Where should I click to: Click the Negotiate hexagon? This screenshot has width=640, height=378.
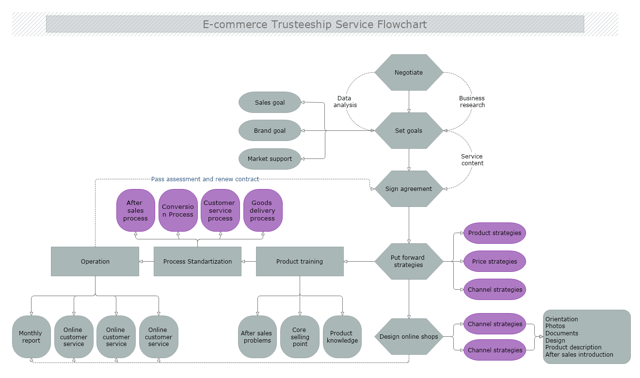click(409, 73)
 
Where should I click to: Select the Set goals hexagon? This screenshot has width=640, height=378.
click(409, 131)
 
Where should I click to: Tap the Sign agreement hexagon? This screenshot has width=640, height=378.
click(409, 189)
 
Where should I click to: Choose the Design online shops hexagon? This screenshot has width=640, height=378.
click(409, 337)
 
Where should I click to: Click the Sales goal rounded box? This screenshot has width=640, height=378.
click(270, 103)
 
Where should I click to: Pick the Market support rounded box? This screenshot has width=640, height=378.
click(270, 159)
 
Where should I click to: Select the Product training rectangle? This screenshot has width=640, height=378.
click(300, 262)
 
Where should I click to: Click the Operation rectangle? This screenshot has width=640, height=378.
click(95, 262)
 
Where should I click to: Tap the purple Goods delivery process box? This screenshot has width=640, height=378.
click(263, 211)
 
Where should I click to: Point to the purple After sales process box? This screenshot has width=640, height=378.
click(135, 211)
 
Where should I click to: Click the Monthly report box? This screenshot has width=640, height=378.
click(31, 337)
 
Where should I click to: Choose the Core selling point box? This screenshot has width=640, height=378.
click(300, 337)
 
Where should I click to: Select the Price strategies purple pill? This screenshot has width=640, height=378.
click(495, 262)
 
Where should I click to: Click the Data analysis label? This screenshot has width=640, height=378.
click(345, 102)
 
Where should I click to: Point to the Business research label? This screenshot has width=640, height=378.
click(472, 102)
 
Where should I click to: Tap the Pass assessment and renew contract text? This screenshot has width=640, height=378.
click(205, 179)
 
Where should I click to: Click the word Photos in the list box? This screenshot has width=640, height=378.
click(555, 326)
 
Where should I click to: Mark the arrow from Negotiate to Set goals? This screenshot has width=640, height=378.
click(409, 102)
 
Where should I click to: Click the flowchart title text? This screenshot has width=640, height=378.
click(315, 24)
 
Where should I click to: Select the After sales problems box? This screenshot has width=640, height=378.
click(257, 337)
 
